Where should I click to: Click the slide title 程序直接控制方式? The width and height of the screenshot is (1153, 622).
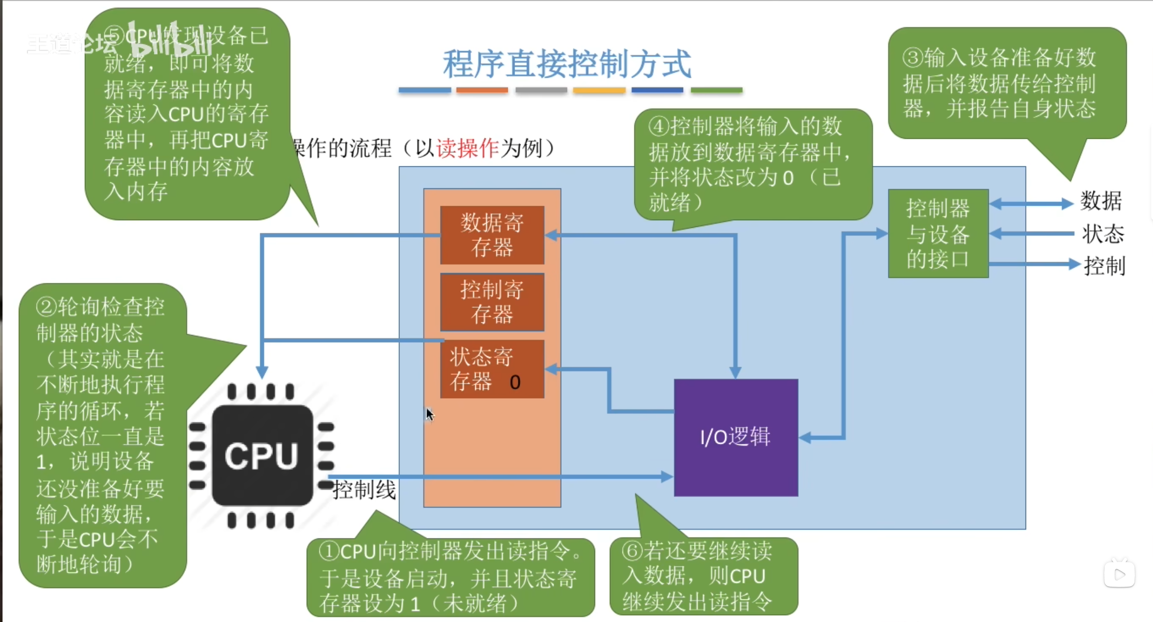click(567, 64)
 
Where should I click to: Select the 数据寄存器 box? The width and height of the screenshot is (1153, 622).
click(492, 235)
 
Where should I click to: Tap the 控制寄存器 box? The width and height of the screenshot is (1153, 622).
click(492, 302)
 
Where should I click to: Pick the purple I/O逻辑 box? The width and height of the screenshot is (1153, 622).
click(736, 437)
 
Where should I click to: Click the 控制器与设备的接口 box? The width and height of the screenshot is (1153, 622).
click(938, 234)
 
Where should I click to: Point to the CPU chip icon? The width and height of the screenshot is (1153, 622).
click(262, 456)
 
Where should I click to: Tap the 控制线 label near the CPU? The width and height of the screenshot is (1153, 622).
click(364, 490)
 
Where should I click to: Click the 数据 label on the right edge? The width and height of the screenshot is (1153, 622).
click(1101, 201)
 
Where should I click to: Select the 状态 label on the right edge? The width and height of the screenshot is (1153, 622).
click(1102, 234)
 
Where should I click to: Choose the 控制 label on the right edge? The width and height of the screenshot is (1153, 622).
click(1104, 266)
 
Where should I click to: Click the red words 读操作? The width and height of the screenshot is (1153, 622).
click(467, 148)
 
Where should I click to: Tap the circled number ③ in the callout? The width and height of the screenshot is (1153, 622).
click(913, 58)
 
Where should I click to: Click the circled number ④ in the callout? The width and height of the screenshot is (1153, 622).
click(658, 127)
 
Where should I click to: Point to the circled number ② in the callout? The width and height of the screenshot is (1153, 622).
click(46, 307)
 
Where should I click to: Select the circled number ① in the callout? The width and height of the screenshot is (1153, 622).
click(328, 551)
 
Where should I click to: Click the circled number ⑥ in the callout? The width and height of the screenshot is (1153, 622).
click(632, 551)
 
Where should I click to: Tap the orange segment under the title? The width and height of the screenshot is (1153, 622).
click(482, 90)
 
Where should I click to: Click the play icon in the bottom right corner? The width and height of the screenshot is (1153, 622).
click(1120, 575)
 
